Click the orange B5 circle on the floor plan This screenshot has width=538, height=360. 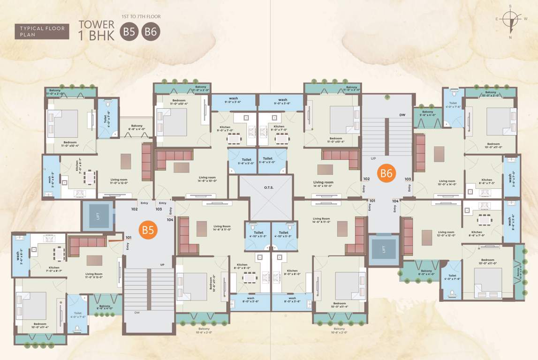148,230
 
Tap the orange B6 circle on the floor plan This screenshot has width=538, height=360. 386,173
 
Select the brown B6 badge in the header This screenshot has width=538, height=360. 152,32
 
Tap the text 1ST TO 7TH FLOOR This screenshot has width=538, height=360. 141,17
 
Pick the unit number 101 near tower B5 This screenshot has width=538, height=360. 129,237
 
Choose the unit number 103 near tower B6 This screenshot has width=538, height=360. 408,179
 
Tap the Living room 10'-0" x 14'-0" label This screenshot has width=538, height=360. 447,182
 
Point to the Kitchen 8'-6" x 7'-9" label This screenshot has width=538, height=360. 477,234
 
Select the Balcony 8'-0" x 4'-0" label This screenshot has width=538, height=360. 426,273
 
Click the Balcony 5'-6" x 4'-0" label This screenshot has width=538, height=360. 427,113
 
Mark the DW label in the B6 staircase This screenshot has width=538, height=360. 402,114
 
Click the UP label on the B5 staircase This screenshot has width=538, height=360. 162,265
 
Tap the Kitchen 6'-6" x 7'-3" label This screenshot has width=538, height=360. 487,181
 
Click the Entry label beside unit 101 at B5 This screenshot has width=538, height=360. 127,246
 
